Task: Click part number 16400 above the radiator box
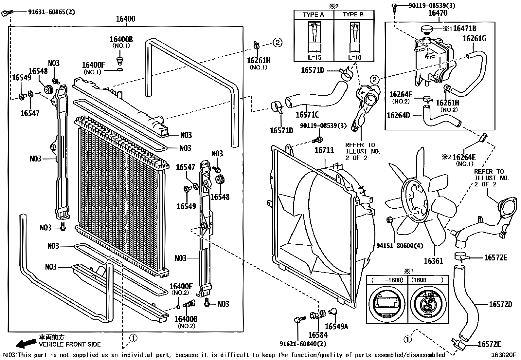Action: coord(125,19)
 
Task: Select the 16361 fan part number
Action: coord(433,261)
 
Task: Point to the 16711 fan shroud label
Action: coord(324,150)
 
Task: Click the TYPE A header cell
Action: coord(314,15)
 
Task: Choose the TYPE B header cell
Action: coord(353,15)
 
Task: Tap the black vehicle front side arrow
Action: coord(26,343)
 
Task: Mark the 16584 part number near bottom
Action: coord(318,335)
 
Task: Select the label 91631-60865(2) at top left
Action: coord(51,12)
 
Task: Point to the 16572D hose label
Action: coord(500,304)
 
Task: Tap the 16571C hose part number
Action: coord(307,115)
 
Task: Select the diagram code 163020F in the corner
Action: coord(503,355)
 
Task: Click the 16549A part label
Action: coord(336,327)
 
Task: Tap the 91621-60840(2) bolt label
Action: coord(303,344)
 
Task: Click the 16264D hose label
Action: coord(398,115)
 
